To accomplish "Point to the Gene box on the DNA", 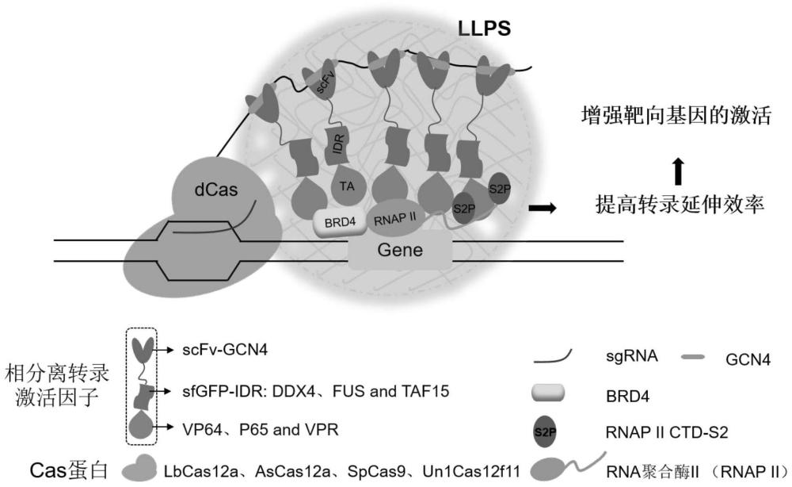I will [400, 251].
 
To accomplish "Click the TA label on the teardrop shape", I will [345, 184].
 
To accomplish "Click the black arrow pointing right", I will [543, 208].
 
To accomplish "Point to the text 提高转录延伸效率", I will [680, 205].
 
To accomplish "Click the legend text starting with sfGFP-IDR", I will [296, 391].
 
